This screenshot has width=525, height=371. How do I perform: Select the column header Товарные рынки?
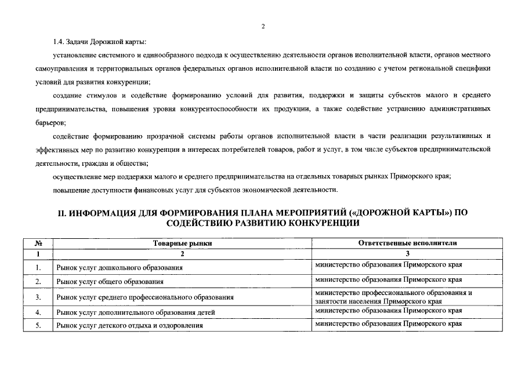182,243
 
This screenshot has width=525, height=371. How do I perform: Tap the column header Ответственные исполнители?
408,243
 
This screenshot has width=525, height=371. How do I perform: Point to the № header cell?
37,243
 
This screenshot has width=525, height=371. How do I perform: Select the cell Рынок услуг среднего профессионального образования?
144,297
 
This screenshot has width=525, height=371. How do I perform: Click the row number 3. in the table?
37,297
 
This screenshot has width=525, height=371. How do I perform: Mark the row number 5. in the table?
37,326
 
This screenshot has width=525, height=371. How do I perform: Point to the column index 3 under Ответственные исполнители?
408,254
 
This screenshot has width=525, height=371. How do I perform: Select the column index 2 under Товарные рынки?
182,254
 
